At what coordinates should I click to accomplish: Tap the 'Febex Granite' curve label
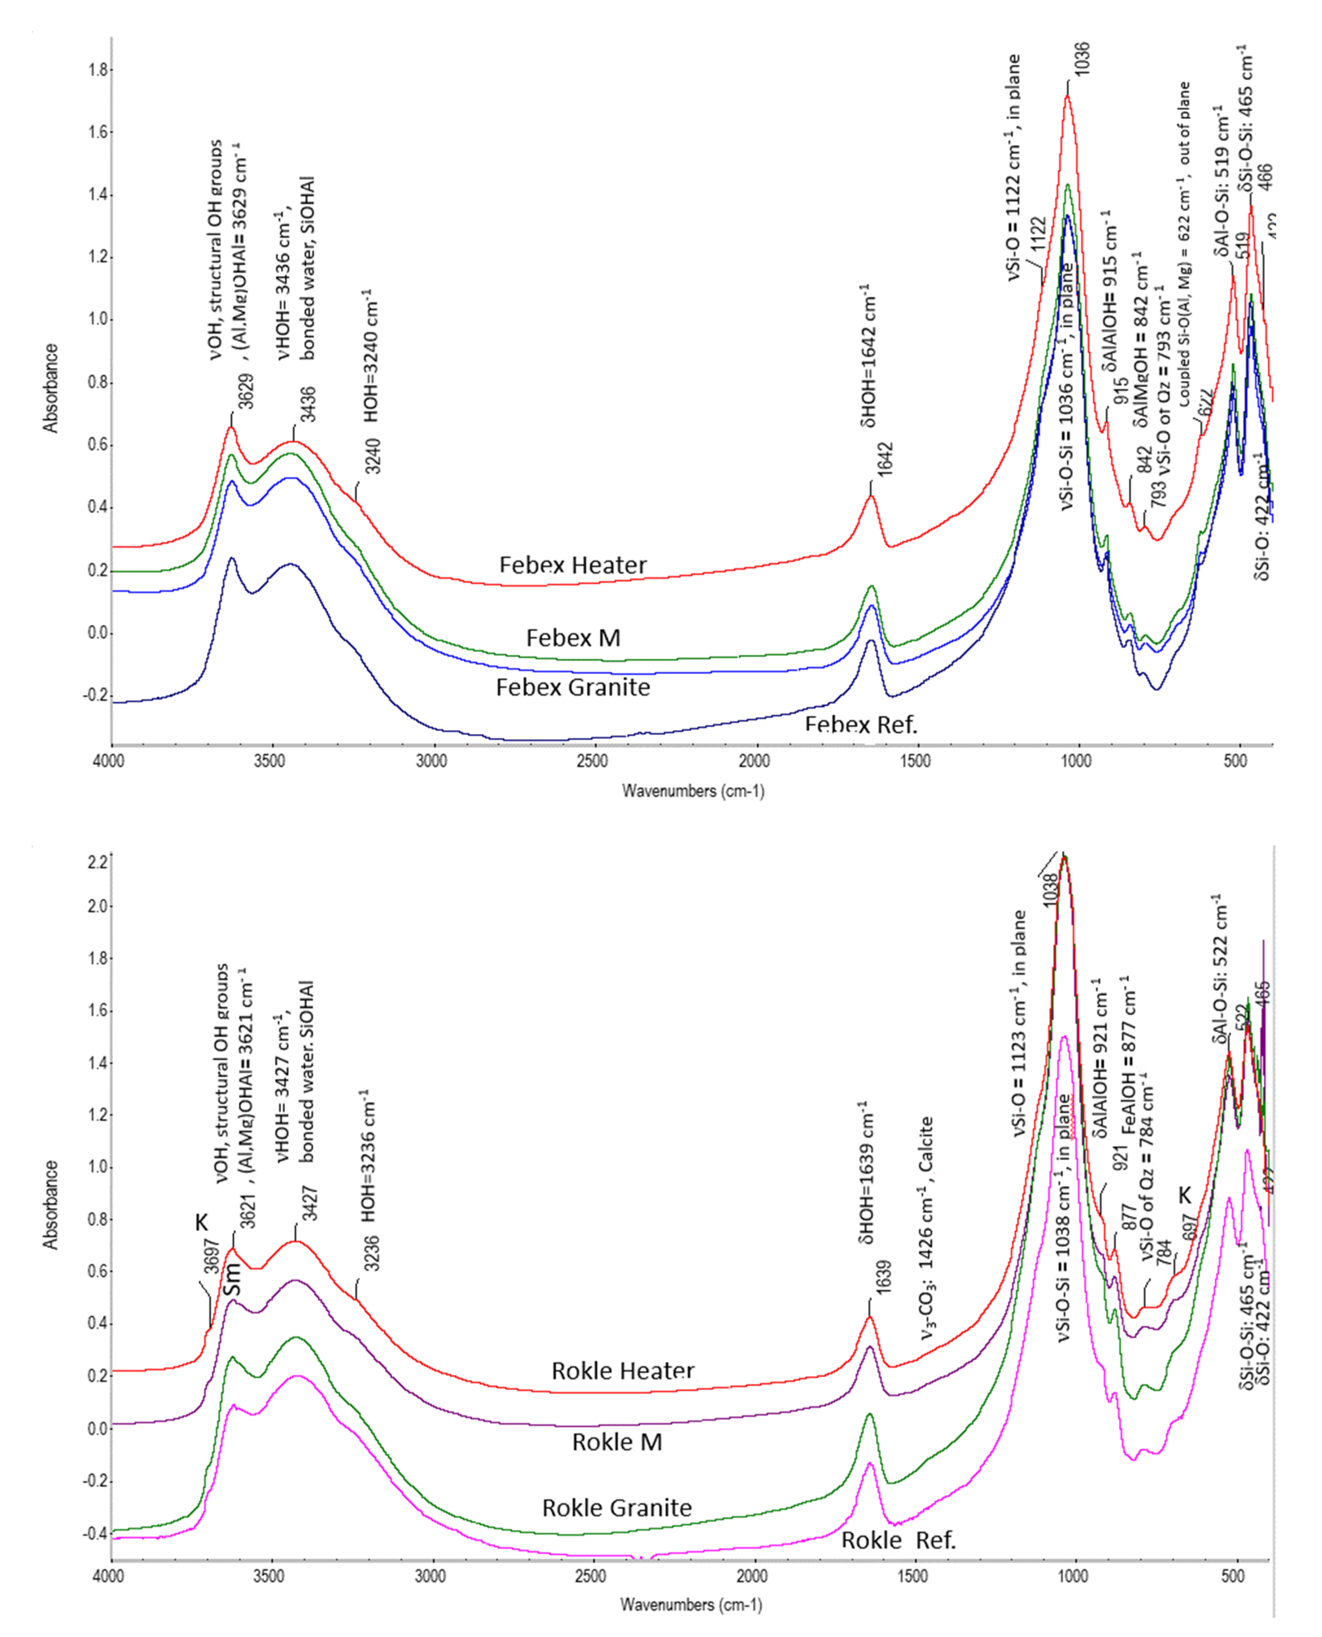pos(573,688)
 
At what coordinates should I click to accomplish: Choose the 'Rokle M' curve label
pos(617,1442)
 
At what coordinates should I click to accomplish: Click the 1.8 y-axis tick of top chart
pos(97,70)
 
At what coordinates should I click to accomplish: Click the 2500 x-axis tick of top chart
pos(592,762)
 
